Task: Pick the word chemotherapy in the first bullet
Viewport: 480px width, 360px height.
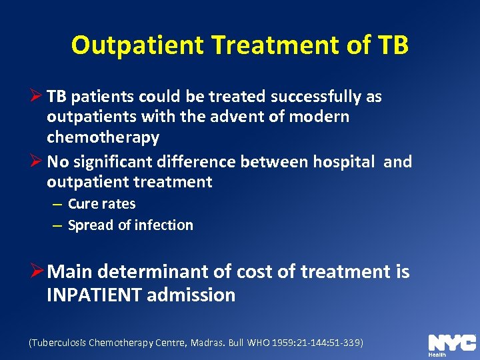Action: coord(103,137)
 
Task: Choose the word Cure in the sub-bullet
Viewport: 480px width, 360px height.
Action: coord(82,204)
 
